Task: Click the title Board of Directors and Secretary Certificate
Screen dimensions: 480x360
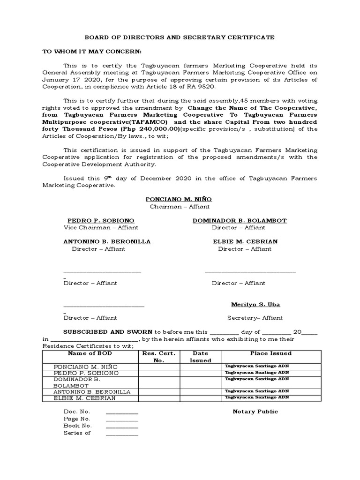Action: [180, 37]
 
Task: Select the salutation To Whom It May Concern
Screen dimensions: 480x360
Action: [92, 51]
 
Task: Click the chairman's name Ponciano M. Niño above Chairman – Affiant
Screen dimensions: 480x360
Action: [179, 199]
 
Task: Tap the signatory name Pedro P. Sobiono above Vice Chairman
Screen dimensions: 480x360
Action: [101, 220]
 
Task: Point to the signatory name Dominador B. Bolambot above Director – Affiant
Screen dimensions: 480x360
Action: [240, 220]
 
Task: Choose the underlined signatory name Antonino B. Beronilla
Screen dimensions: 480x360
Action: [107, 241]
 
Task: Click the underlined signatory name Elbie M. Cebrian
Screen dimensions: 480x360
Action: [245, 241]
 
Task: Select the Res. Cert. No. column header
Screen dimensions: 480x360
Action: [159, 357]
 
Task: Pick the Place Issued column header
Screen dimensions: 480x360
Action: [270, 353]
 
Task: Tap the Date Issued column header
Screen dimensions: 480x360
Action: [200, 357]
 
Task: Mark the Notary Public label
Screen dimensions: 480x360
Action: [255, 412]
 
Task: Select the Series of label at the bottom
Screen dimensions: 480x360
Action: [77, 433]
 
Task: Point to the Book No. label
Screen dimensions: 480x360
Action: [76, 426]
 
